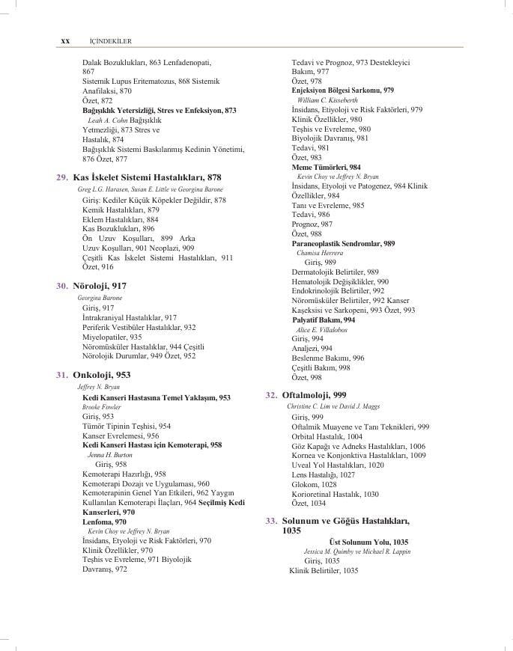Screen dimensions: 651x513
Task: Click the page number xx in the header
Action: pyautogui.click(x=64, y=40)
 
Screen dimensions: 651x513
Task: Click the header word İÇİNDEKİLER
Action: pyautogui.click(x=105, y=40)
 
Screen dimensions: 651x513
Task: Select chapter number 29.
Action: pyautogui.click(x=62, y=177)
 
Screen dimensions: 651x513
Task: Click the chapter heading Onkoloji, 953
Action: pyautogui.click(x=102, y=375)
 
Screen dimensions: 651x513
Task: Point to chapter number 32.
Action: pyautogui.click(x=272, y=394)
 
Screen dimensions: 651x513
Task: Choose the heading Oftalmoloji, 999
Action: pyautogui.click(x=314, y=394)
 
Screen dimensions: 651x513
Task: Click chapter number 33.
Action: pyautogui.click(x=272, y=520)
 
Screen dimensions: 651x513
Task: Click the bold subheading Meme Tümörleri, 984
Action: pyautogui.click(x=326, y=167)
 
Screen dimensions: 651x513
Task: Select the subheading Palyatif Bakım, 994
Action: pyautogui.click(x=323, y=320)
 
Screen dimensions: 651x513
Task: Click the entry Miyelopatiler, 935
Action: pyautogui.click(x=112, y=337)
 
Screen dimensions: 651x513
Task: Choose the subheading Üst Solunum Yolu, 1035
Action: pyautogui.click(x=368, y=541)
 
